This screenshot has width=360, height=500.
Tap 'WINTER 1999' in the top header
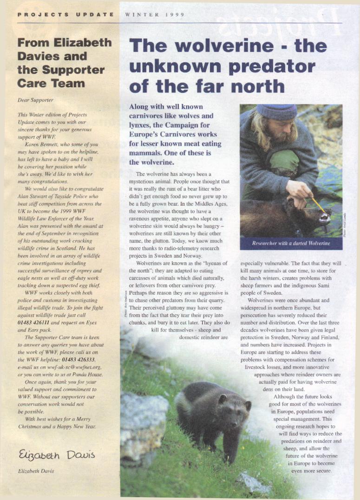point(155,15)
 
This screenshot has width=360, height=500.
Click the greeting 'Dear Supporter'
point(35,100)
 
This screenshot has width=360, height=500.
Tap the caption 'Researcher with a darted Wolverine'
point(291,243)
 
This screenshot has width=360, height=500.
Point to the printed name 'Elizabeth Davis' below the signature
point(36,471)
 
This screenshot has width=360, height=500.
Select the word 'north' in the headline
point(256,86)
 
